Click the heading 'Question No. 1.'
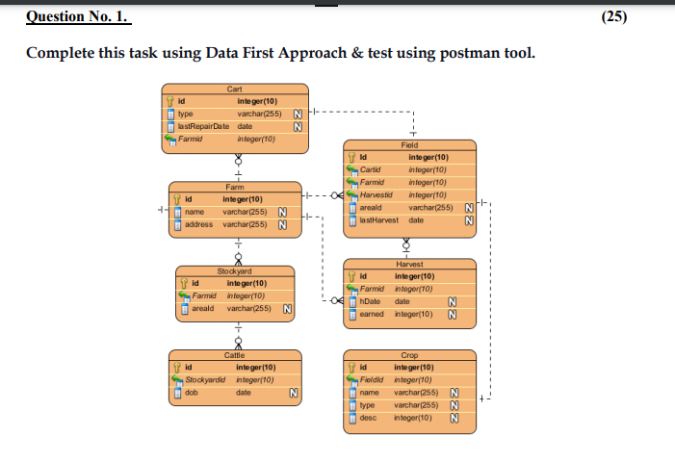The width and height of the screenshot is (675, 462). pyautogui.click(x=78, y=17)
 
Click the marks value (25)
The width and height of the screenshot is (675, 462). pyautogui.click(x=640, y=17)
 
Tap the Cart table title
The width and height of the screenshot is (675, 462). pyautogui.click(x=234, y=88)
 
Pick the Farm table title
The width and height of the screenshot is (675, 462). pyautogui.click(x=234, y=186)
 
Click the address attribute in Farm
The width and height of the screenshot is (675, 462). pyautogui.click(x=198, y=224)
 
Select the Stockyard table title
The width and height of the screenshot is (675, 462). pyautogui.click(x=234, y=272)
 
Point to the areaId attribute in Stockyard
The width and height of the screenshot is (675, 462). pyautogui.click(x=202, y=310)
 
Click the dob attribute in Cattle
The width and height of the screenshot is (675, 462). pyautogui.click(x=191, y=393)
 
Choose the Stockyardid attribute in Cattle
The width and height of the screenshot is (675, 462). pyautogui.click(x=204, y=380)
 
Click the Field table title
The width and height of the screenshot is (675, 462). pyautogui.click(x=409, y=144)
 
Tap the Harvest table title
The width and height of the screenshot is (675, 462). pyautogui.click(x=409, y=264)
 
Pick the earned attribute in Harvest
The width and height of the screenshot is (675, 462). pyautogui.click(x=372, y=314)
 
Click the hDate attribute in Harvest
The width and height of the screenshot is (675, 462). pyautogui.click(x=371, y=301)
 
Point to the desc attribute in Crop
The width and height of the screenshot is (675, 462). pyautogui.click(x=369, y=419)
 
